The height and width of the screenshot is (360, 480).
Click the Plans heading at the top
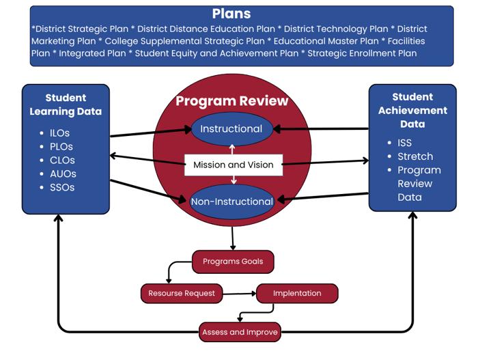[x=231, y=14]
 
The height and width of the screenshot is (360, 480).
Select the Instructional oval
[x=231, y=129]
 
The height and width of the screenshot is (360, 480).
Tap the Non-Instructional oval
[x=231, y=202]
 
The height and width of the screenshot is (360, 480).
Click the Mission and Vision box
[x=234, y=165]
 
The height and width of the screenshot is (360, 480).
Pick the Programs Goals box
[x=233, y=262]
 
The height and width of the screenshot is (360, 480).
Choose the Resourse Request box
[x=182, y=293]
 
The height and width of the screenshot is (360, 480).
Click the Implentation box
[x=297, y=293]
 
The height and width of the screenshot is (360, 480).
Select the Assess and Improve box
[x=240, y=332]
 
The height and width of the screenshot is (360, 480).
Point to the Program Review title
[x=231, y=101]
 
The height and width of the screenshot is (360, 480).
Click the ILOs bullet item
[x=59, y=133]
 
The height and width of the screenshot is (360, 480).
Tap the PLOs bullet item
[x=61, y=147]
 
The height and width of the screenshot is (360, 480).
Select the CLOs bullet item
[x=62, y=161]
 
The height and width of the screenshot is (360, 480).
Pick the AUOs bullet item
[x=63, y=174]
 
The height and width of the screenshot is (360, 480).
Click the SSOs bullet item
[x=62, y=187]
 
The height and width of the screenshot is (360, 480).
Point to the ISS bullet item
[x=405, y=143]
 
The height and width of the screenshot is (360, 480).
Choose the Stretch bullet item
[x=415, y=156]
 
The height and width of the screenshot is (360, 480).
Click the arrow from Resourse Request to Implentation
[x=240, y=294]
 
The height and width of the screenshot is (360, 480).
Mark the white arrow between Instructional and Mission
[x=232, y=150]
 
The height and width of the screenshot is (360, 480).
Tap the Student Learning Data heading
[x=66, y=105]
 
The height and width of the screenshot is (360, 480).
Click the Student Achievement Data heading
[x=412, y=111]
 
